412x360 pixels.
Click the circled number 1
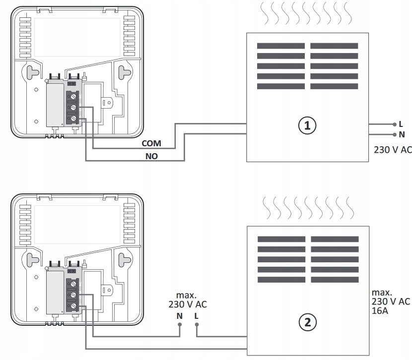coord(307,125)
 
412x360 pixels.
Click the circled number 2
coord(307,323)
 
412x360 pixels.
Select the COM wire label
coord(151,143)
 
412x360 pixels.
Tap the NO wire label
coord(151,156)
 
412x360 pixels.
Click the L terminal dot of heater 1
coord(394,124)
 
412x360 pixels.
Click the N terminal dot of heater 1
coord(394,134)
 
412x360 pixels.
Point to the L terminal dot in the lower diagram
coord(197,326)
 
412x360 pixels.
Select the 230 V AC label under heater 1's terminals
coord(393,149)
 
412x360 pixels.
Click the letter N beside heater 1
coord(402,134)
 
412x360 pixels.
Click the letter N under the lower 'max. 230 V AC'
coord(179,316)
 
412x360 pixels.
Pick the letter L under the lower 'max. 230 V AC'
coord(197,316)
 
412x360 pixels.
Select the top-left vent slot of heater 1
coord(280,46)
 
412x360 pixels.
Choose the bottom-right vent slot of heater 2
coord(335,280)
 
